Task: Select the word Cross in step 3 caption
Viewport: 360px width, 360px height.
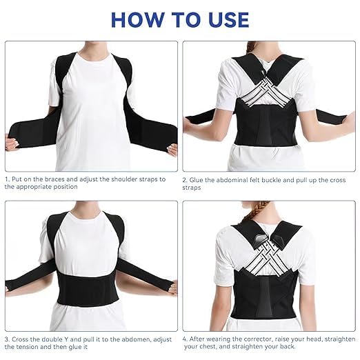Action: tap(23, 338)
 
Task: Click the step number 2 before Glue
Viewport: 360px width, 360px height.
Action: tap(185, 179)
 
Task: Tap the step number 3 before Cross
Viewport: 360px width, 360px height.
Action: tap(6, 338)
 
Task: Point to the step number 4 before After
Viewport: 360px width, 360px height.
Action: tap(185, 338)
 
